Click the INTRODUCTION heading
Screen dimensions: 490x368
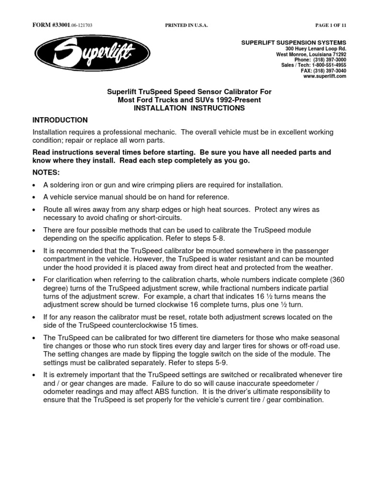pos(60,120)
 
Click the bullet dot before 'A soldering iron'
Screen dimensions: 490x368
pos(34,185)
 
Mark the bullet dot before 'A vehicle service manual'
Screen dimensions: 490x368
pos(34,197)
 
